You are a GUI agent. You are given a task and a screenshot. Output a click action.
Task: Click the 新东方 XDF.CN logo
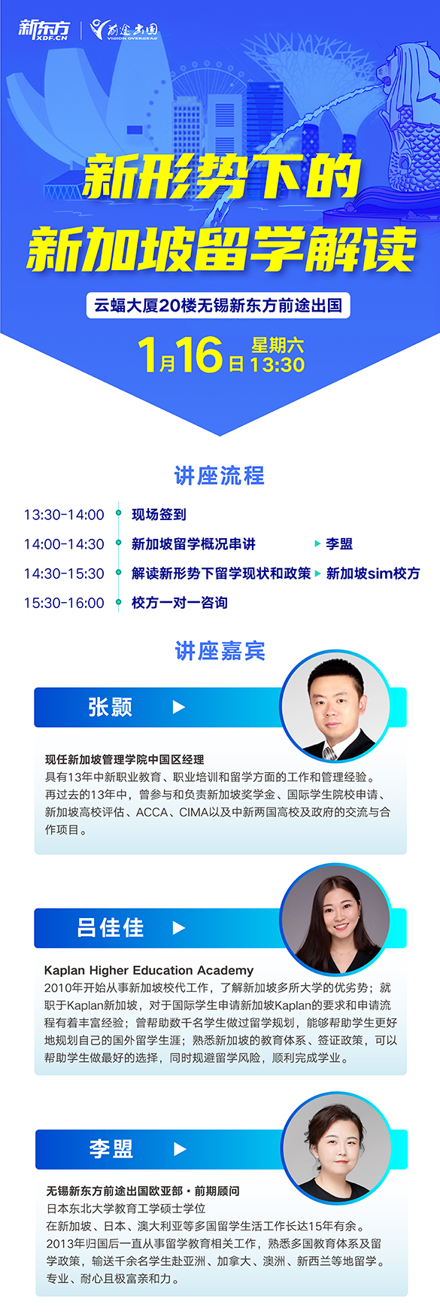[44, 29]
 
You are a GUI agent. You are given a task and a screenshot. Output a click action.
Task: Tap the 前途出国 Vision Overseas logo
[123, 29]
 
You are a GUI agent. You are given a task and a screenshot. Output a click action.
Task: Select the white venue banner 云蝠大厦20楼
[218, 306]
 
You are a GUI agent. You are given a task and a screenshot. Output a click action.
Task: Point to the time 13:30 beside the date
[277, 365]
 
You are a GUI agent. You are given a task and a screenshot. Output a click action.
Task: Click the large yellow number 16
[199, 354]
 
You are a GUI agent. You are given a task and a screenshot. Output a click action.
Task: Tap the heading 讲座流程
[220, 476]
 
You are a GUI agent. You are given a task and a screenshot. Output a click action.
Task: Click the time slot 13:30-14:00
[64, 515]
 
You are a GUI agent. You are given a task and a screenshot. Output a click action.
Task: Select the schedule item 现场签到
[159, 515]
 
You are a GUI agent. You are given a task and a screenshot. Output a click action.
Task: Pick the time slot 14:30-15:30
[64, 573]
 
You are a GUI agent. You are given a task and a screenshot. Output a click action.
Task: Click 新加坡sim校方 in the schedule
[373, 573]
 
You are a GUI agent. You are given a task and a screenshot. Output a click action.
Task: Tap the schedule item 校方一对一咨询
[179, 603]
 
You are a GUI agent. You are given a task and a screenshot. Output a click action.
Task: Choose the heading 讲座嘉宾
[220, 651]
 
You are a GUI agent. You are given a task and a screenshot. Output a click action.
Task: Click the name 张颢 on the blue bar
[110, 707]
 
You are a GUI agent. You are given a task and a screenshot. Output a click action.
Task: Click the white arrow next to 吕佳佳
[178, 928]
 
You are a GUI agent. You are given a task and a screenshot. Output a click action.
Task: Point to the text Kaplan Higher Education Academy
[149, 970]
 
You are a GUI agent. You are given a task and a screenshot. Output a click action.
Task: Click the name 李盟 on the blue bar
[111, 1148]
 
